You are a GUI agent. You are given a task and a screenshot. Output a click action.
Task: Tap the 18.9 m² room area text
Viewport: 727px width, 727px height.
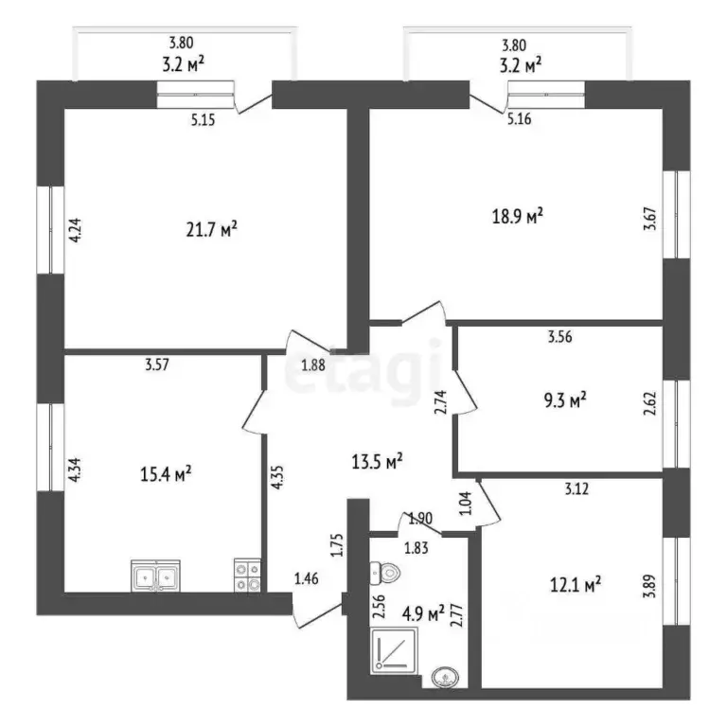[520, 218]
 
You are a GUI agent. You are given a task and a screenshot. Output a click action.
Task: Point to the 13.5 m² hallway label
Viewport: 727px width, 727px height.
[378, 461]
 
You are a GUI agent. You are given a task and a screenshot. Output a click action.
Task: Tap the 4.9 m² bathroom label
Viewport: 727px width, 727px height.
[423, 615]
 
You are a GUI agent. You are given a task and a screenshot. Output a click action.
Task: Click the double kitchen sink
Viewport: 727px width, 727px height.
[156, 575]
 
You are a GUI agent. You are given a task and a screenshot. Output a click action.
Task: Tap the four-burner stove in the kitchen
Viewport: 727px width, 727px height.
[247, 575]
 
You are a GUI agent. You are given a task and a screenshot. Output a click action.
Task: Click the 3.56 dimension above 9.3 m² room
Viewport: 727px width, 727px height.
[559, 335]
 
